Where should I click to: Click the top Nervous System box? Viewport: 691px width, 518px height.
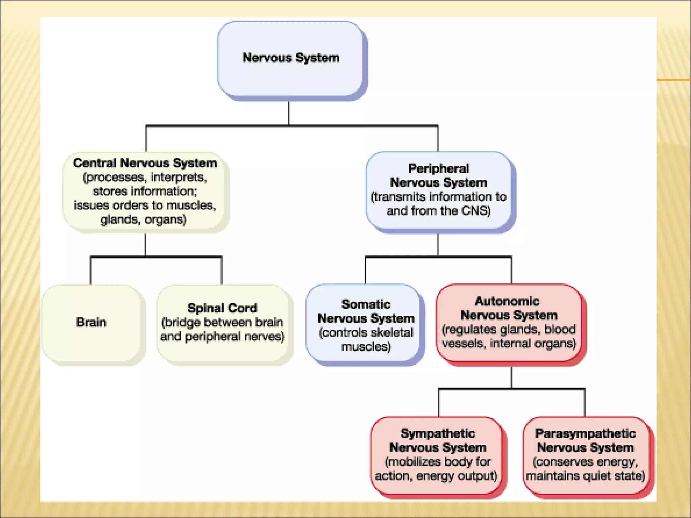tap(291, 59)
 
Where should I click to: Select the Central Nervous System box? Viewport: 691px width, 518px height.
tap(145, 191)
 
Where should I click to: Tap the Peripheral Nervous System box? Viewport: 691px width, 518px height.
tap(439, 191)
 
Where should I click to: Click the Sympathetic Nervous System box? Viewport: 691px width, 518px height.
tap(437, 455)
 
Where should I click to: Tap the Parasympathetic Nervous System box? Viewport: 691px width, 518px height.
tap(586, 455)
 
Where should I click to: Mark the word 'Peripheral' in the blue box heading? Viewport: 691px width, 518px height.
tap(439, 169)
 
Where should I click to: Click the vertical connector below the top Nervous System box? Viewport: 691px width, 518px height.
tap(289, 113)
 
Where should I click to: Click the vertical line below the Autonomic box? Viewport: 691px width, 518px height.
tap(512, 377)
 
